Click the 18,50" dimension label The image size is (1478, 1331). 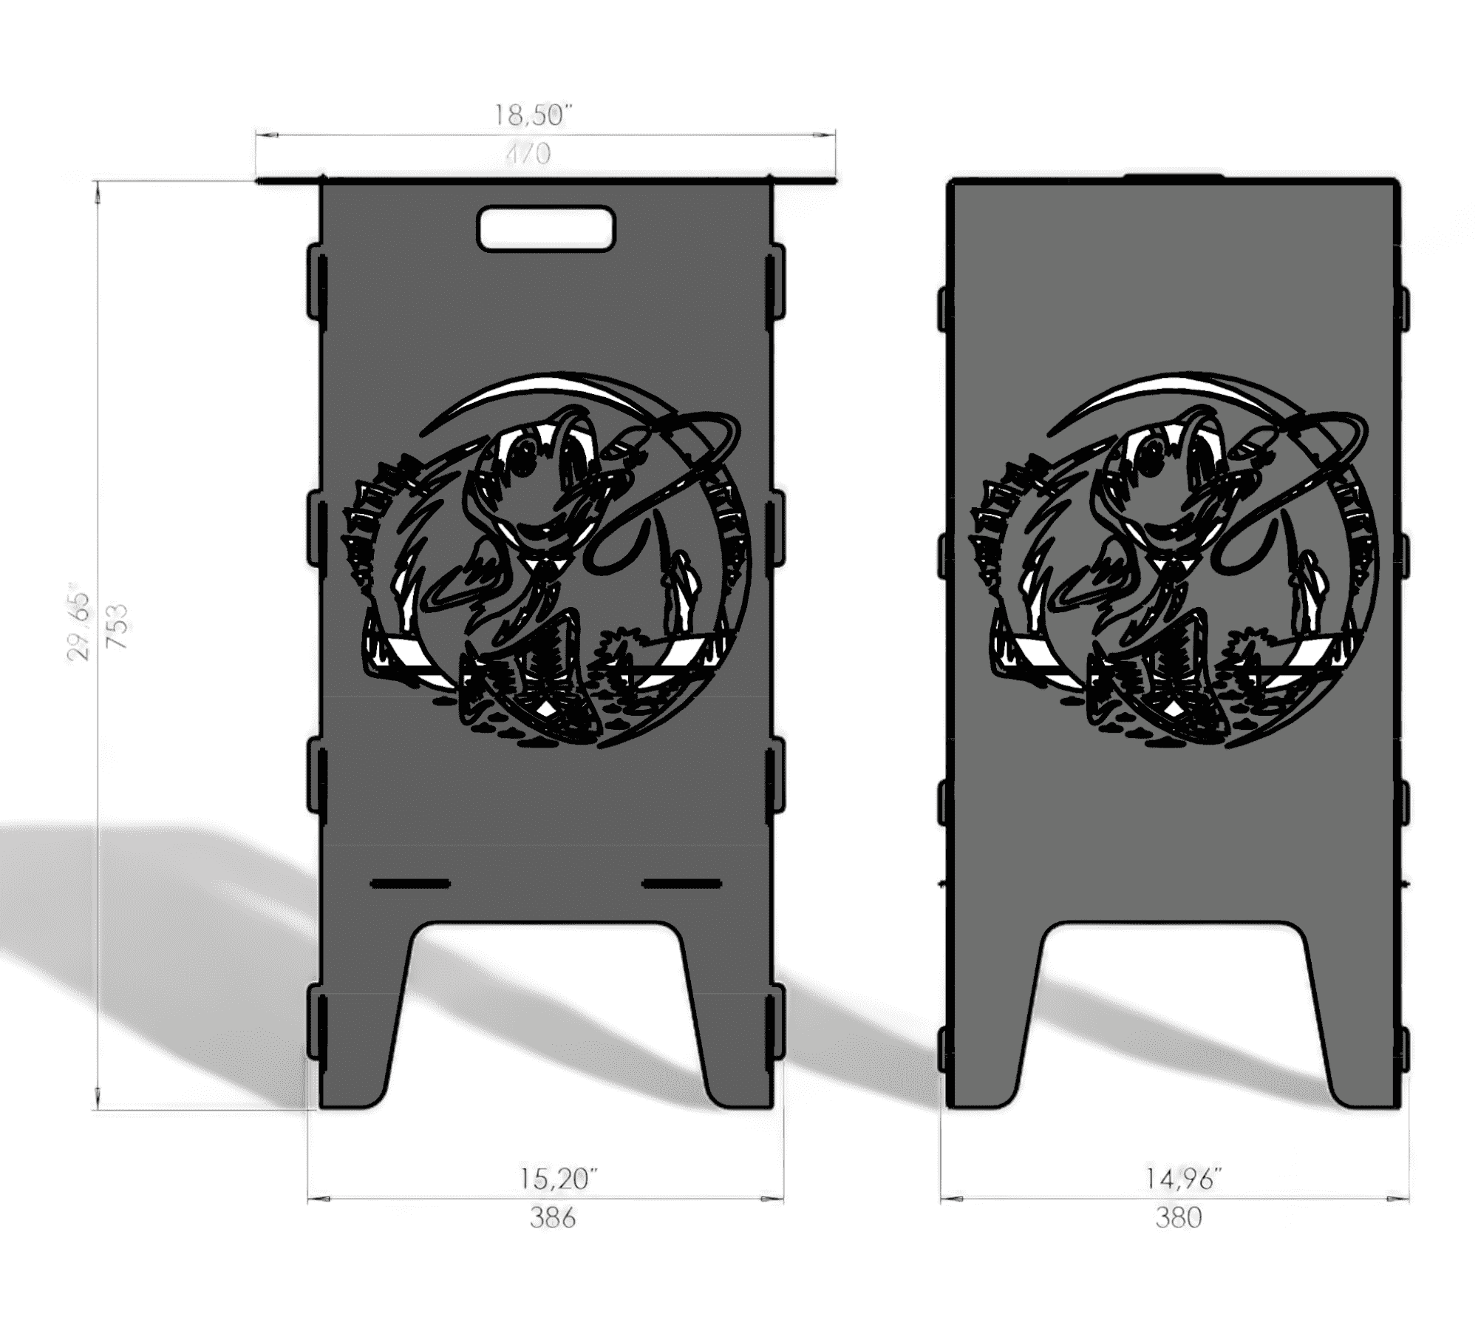[x=533, y=115]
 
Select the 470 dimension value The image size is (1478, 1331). [x=528, y=154]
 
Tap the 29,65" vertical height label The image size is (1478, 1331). [x=78, y=626]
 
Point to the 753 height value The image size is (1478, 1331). [x=117, y=626]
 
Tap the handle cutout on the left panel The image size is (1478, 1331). [x=546, y=228]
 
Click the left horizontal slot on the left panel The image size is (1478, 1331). [x=410, y=883]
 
